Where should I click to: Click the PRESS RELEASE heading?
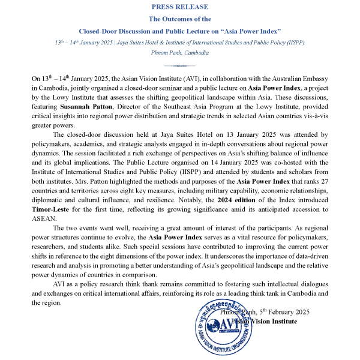180,7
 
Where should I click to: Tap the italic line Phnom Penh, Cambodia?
180,53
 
